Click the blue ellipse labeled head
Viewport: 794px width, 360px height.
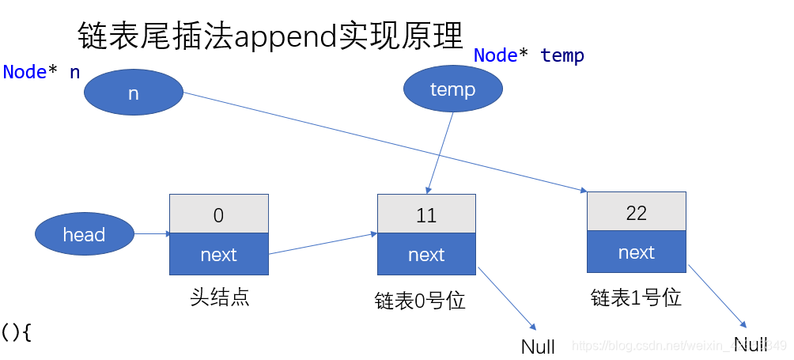(84, 234)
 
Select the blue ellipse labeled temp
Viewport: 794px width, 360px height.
(452, 89)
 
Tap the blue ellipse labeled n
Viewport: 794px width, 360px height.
(133, 93)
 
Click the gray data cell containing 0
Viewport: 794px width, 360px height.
(219, 214)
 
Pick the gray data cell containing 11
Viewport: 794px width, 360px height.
(426, 214)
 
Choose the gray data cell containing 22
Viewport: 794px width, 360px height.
(636, 212)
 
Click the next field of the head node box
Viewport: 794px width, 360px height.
(219, 255)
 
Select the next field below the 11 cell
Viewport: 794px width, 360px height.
(426, 255)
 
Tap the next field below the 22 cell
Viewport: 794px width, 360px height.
(636, 252)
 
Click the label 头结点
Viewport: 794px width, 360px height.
(219, 297)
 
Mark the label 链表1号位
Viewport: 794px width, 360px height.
(636, 297)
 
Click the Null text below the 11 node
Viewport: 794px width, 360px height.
(538, 347)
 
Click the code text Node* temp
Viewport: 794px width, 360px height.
(528, 55)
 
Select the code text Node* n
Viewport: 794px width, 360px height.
(41, 72)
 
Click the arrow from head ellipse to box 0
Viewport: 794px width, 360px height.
(152, 233)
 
